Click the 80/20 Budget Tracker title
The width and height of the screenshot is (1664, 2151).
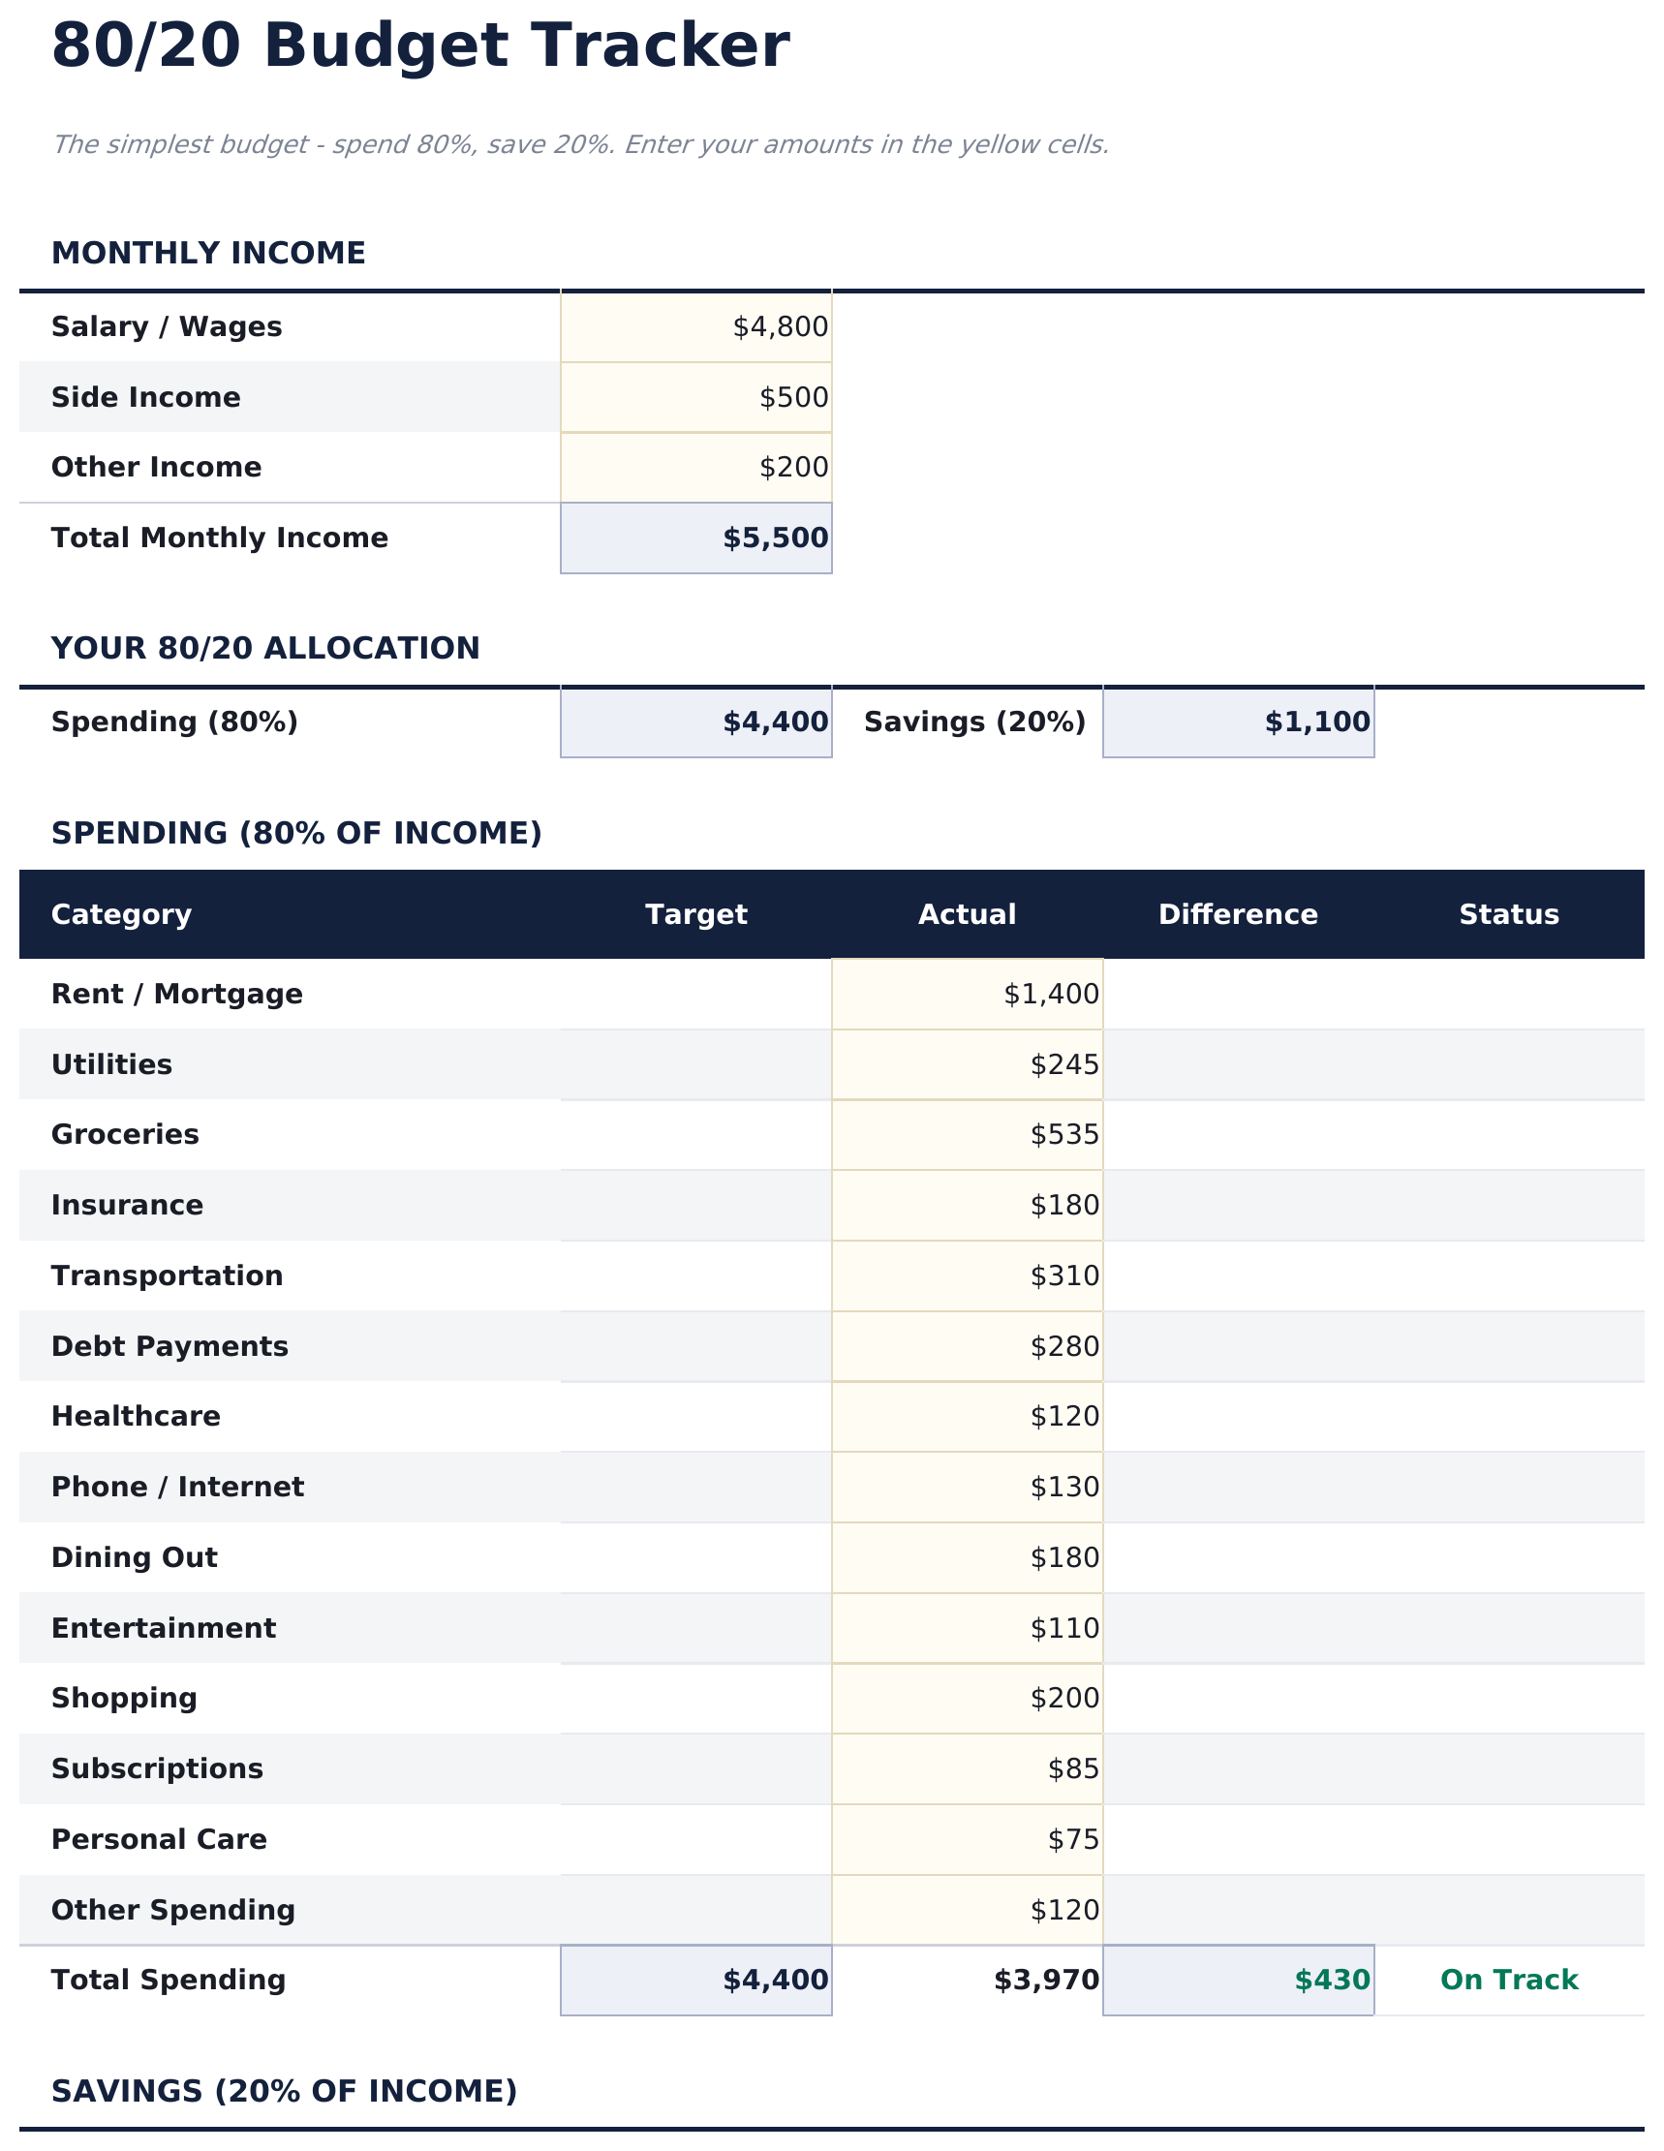click(x=419, y=47)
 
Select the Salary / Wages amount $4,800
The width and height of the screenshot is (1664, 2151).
click(x=780, y=327)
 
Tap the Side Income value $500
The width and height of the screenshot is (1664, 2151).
click(x=793, y=398)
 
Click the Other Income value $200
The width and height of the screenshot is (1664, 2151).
click(x=793, y=468)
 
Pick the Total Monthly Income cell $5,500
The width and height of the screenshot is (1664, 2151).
click(x=776, y=538)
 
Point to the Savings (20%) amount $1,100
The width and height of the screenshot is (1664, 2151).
click(x=1316, y=722)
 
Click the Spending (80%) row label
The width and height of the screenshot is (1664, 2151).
click(x=174, y=722)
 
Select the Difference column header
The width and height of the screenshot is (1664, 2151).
click(x=1238, y=915)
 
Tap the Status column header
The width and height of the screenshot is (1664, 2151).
click(x=1508, y=915)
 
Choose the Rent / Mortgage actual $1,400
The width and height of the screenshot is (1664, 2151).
click(x=1050, y=995)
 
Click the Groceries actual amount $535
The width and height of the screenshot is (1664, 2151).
click(x=1064, y=1136)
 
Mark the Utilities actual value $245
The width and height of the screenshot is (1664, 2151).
click(x=1064, y=1065)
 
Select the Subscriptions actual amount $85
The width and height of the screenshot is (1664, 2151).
click(x=1073, y=1769)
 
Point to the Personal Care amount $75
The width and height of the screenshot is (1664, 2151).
click(x=1073, y=1841)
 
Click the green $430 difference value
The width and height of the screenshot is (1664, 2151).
click(x=1332, y=1981)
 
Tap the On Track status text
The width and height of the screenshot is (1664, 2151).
click(x=1508, y=1981)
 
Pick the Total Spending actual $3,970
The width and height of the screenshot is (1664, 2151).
click(x=1045, y=1981)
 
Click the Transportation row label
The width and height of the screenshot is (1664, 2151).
click(x=168, y=1276)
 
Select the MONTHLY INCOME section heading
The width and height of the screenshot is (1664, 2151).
click(x=208, y=254)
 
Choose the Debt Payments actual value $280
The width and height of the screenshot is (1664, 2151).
click(x=1064, y=1347)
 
